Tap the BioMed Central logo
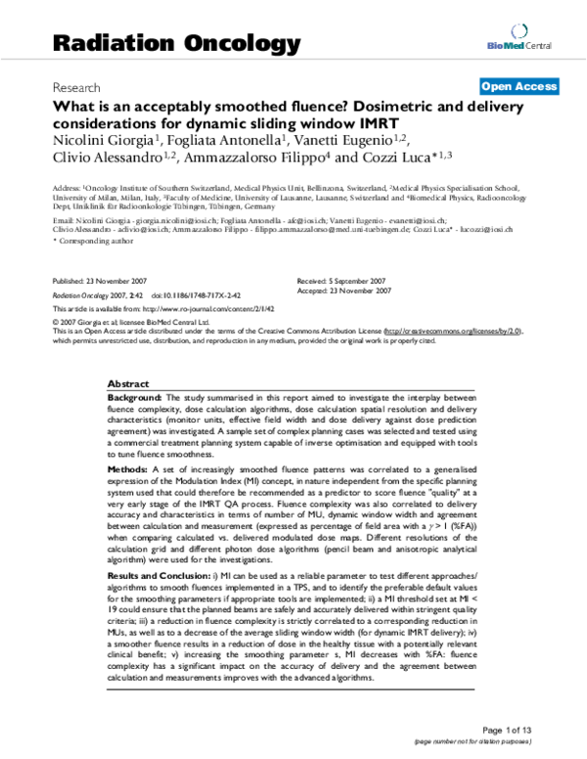point(527,44)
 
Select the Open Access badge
point(519,87)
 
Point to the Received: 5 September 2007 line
point(339,281)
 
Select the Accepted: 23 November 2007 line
point(342,290)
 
